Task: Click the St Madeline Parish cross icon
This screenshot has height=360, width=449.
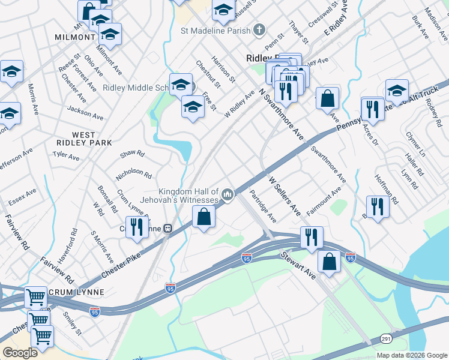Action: [259, 29]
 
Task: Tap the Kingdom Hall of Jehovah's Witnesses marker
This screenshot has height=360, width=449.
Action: [228, 194]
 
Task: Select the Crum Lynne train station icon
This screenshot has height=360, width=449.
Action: [169, 228]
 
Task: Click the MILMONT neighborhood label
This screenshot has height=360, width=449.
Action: [75, 37]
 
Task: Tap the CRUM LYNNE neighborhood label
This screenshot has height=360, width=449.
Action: [78, 292]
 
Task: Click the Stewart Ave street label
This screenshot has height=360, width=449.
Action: [298, 265]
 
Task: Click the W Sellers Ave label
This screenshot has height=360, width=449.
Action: [284, 196]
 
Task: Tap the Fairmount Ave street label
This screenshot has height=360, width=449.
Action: [324, 201]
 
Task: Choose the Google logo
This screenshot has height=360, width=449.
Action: [20, 353]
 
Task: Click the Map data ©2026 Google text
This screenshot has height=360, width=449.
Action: [411, 355]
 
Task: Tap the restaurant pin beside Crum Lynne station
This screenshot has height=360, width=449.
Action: [137, 227]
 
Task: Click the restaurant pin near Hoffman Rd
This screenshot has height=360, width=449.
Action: [377, 206]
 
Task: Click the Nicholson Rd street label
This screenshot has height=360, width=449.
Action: [134, 173]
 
